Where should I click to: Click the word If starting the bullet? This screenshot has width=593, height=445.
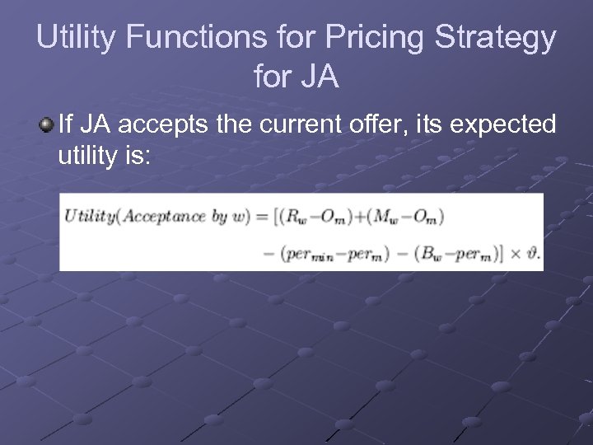click(68, 124)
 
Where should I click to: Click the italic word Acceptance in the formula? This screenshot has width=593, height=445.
click(164, 218)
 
